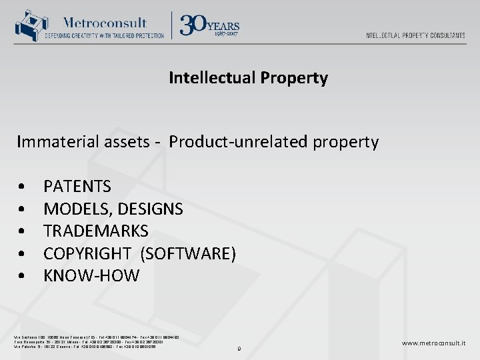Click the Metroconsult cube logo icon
[28, 26]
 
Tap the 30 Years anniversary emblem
[210, 25]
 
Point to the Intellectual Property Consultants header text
[415, 35]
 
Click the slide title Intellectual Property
[248, 78]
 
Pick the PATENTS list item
[77, 186]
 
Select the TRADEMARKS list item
[96, 231]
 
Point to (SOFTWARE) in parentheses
[189, 253]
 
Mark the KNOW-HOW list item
[91, 275]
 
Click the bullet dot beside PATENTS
[23, 187]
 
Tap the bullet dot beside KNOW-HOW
[23, 276]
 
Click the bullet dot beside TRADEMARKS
[23, 231]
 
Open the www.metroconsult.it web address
[433, 343]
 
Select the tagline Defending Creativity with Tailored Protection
[107, 36]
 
